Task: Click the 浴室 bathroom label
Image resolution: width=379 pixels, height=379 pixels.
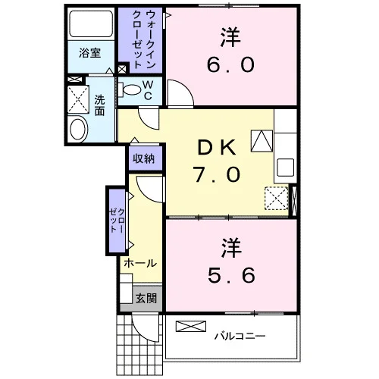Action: (90, 53)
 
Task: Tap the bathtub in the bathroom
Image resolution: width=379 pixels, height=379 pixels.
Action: (91, 23)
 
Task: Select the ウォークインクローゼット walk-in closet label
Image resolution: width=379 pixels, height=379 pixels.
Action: (144, 39)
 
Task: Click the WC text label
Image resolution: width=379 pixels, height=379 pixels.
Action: (148, 90)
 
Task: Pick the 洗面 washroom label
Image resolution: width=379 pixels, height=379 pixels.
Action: (99, 105)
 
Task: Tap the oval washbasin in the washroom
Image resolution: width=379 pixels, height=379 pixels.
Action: (78, 129)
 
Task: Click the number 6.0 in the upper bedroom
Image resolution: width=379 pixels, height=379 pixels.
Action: (230, 64)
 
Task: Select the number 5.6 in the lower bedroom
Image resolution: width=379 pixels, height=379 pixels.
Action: (231, 275)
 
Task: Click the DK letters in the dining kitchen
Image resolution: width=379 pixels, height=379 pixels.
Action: (217, 148)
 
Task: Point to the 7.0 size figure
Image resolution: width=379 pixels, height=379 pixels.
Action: (217, 174)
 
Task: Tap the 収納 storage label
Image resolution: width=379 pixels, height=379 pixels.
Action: (143, 158)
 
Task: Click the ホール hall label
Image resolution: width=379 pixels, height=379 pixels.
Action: (140, 263)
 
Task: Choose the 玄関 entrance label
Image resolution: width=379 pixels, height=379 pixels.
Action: (146, 299)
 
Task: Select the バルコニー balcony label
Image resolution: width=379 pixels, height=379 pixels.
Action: (240, 336)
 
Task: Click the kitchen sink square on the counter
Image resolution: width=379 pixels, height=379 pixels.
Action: (285, 167)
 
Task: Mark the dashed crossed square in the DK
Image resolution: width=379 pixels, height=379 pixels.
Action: (277, 199)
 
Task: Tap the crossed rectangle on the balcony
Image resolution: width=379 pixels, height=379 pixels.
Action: (191, 326)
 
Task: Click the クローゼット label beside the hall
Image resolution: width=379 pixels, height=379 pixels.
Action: (117, 221)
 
